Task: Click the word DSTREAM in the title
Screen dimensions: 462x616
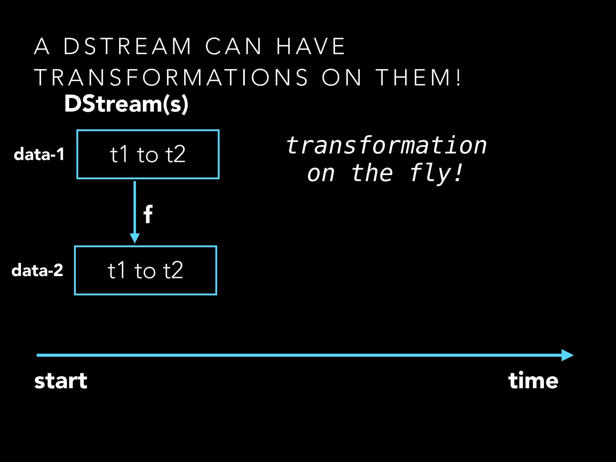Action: [x=128, y=47]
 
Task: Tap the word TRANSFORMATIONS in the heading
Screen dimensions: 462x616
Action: [x=171, y=78]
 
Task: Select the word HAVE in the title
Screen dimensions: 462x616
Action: [x=311, y=47]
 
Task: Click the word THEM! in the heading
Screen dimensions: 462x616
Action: [x=418, y=78]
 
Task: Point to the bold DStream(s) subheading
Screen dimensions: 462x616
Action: [x=126, y=104]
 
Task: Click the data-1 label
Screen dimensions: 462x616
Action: [x=39, y=154]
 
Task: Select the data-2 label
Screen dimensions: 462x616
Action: [x=37, y=270]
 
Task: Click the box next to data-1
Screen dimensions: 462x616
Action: [x=148, y=155]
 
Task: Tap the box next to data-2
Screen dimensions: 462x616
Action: [x=146, y=270]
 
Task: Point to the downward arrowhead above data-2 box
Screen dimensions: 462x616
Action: [x=135, y=238]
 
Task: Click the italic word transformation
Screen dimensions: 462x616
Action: [x=386, y=146]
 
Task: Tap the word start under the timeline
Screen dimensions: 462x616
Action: [x=61, y=381]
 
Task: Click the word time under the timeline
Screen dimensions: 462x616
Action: [x=533, y=381]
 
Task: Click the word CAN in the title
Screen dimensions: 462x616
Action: [x=233, y=47]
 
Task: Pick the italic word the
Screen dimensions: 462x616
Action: [x=372, y=174]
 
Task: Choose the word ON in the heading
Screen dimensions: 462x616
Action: [x=342, y=78]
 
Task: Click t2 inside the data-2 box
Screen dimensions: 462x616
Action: [x=173, y=270]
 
